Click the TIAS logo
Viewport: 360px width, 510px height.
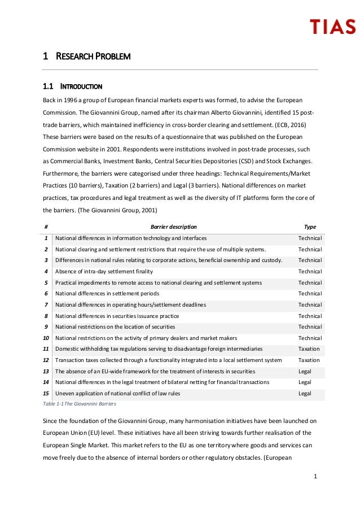[332, 26]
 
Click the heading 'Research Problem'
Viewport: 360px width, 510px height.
[87, 56]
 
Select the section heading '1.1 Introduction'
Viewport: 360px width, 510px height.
[72, 87]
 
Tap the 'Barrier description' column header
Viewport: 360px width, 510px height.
[174, 226]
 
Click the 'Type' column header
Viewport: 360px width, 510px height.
[310, 226]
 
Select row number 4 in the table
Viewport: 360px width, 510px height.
[46, 272]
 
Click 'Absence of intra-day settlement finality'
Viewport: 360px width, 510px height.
[104, 272]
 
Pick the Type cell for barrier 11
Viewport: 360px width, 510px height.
[309, 349]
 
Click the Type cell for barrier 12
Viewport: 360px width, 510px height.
[309, 360]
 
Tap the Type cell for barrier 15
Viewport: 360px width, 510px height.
[305, 394]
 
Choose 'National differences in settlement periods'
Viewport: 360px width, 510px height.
[107, 294]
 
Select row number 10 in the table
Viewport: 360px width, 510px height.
[46, 338]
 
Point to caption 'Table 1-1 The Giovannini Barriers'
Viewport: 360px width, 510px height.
[80, 404]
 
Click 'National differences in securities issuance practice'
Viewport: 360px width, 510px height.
[117, 316]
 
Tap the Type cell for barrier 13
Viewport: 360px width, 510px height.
[305, 372]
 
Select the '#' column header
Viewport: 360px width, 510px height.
[46, 226]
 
